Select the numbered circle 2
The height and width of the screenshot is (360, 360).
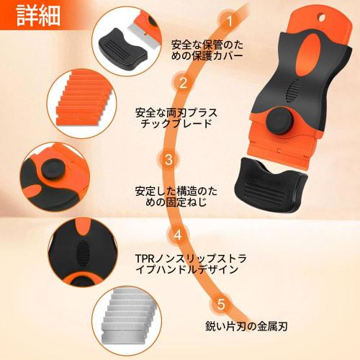(x=184, y=83)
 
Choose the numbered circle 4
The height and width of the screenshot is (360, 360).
(x=177, y=236)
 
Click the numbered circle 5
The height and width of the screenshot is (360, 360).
(x=222, y=304)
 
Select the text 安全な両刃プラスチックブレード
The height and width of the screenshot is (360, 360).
(x=176, y=117)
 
